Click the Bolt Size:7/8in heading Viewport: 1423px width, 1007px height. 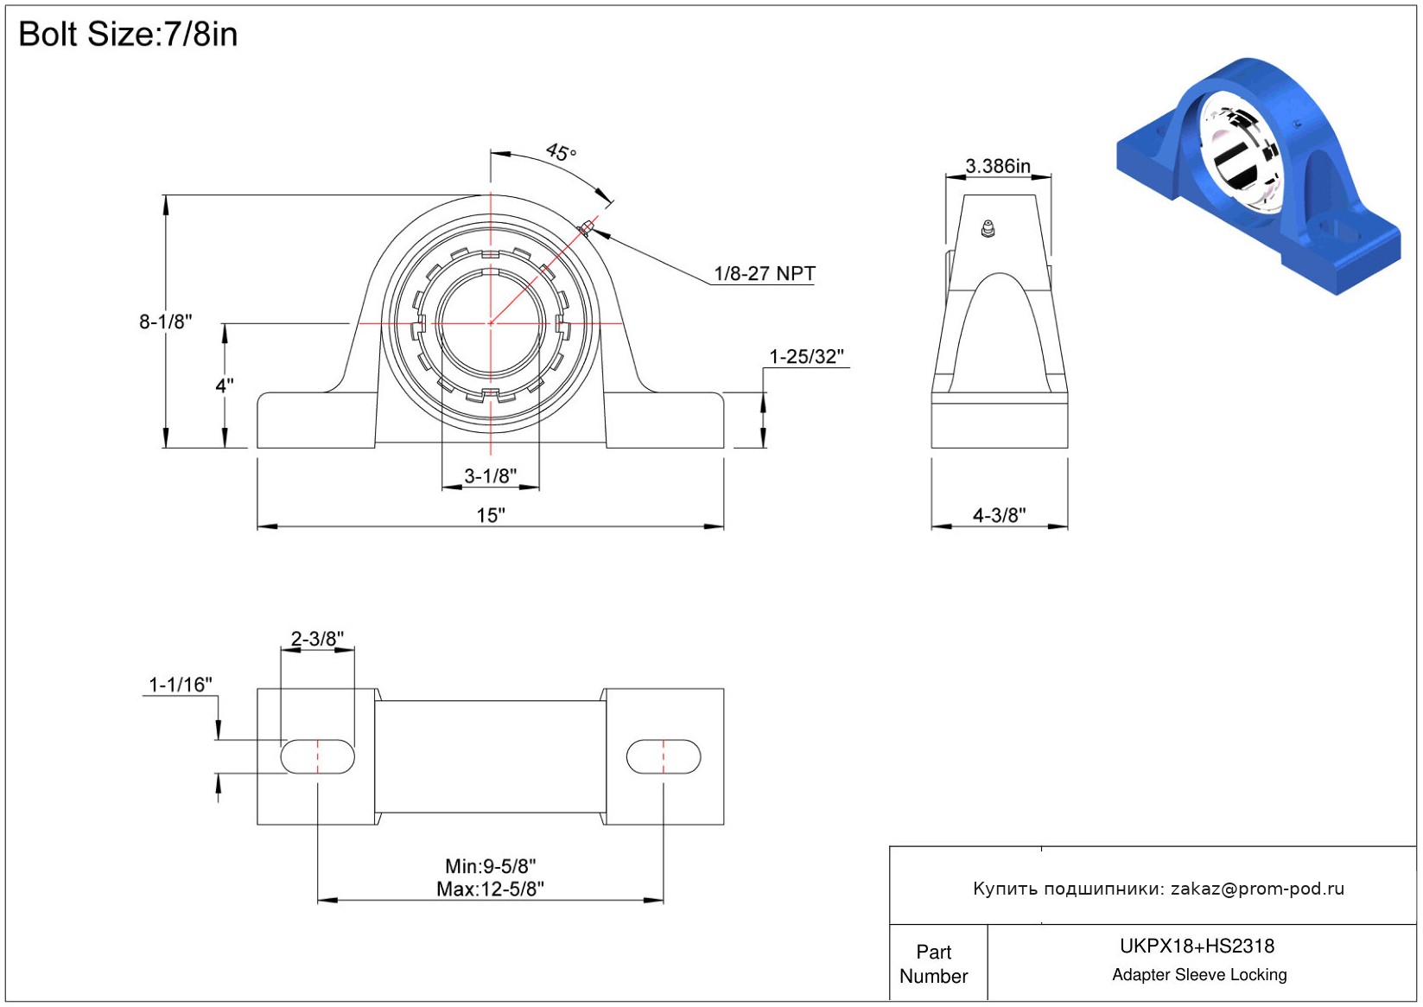click(x=128, y=35)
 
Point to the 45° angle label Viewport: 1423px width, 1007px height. click(x=561, y=153)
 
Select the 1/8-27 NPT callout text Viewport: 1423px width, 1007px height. click(x=764, y=274)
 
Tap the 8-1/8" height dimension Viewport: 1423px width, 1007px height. click(x=166, y=322)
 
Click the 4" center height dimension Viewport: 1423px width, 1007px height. click(x=225, y=386)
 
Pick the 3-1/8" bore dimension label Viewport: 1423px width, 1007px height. click(x=491, y=475)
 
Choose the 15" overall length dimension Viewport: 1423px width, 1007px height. click(x=491, y=515)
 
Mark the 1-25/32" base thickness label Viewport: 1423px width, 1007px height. click(x=806, y=356)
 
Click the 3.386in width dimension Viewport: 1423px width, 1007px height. click(x=998, y=166)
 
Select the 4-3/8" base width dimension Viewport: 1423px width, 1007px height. click(x=1000, y=515)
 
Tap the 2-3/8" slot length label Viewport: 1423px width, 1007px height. click(x=317, y=639)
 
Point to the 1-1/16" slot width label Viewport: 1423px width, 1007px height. click(x=181, y=685)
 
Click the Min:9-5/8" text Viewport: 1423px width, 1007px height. click(x=491, y=866)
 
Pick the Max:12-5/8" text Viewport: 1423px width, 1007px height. click(x=491, y=889)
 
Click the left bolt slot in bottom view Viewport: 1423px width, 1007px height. click(x=318, y=756)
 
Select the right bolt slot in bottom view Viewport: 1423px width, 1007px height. click(x=664, y=756)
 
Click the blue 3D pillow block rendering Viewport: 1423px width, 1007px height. click(x=1258, y=173)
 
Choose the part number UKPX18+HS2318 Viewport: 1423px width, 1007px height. click(x=1197, y=946)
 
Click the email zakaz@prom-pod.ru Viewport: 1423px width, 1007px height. click(x=1257, y=889)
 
